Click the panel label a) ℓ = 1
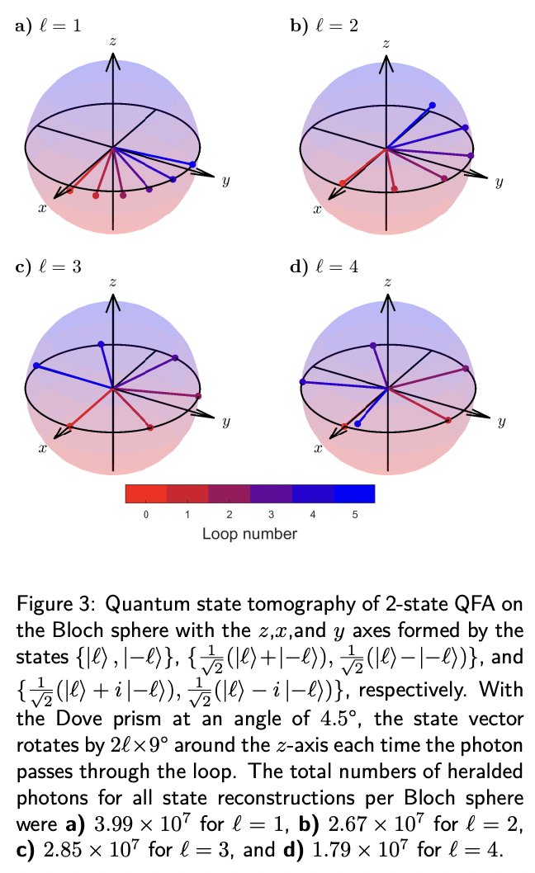tap(49, 26)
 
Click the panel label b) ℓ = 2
tap(324, 26)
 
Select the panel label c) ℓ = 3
tap(48, 266)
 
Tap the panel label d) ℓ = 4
tap(324, 266)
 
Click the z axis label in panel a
tap(113, 40)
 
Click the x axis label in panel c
tap(42, 448)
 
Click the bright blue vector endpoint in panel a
tap(193, 164)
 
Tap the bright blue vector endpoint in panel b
tap(432, 105)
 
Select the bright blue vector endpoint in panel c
tap(36, 366)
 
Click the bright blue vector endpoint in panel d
tap(357, 423)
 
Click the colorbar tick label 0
tap(146, 515)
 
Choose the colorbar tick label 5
tap(354, 515)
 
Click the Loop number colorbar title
tap(249, 534)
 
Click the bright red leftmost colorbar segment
tap(146, 493)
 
